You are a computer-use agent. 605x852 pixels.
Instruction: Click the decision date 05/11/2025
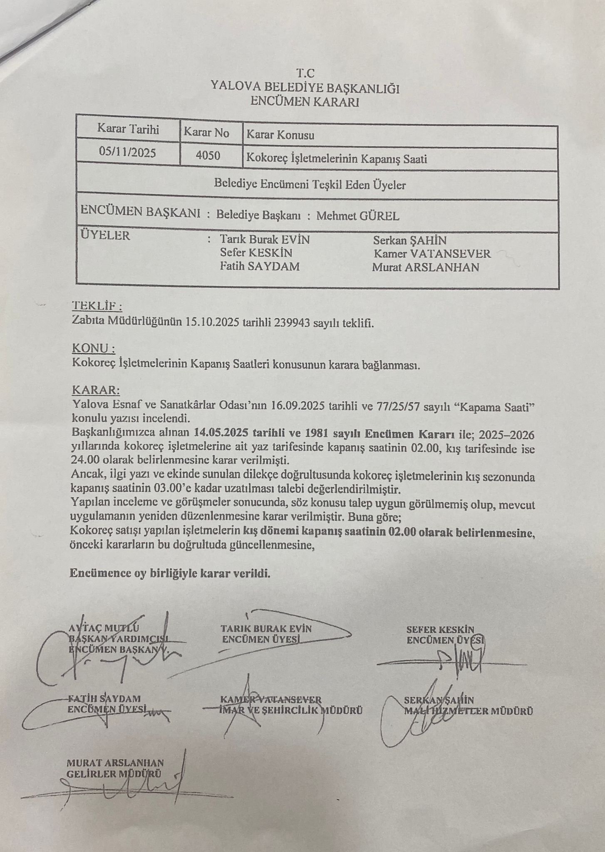point(127,152)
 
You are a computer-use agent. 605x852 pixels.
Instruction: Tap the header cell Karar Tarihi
point(128,129)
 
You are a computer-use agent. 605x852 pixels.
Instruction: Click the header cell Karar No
point(206,133)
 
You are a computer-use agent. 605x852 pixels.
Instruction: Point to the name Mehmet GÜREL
point(358,216)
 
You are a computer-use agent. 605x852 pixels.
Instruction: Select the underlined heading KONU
point(93,348)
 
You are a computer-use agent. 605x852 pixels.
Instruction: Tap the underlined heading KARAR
point(96,391)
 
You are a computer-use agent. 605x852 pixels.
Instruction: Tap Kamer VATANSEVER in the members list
point(432,253)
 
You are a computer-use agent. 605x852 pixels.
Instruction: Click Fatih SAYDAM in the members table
point(260,266)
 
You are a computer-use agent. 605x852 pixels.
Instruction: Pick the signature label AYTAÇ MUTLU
point(104,628)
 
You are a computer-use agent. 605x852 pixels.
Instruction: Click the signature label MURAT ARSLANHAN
point(115,763)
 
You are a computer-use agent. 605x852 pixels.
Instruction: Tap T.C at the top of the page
point(305,73)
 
